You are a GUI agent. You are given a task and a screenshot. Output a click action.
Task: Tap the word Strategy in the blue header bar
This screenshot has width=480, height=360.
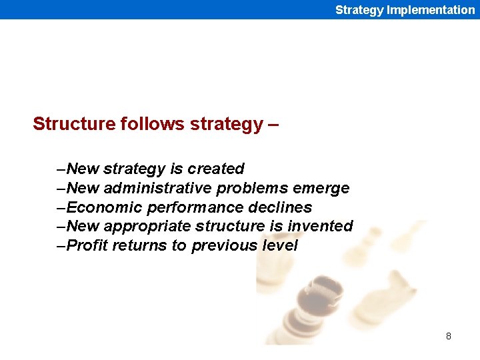click(359, 9)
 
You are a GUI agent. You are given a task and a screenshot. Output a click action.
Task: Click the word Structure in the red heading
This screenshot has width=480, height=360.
click(74, 124)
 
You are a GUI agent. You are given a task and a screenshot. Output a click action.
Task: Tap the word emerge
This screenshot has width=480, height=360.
click(326, 188)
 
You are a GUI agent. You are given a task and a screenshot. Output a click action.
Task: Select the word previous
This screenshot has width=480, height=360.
click(225, 245)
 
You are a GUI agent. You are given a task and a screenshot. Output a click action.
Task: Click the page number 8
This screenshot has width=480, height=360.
click(449, 336)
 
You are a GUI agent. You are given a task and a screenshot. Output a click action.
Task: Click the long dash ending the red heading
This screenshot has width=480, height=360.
click(272, 124)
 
